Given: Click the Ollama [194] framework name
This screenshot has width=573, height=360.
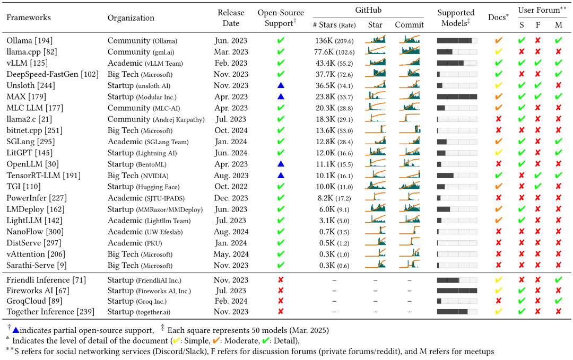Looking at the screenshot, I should (29, 40).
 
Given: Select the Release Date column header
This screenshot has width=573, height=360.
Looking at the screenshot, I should (231, 17).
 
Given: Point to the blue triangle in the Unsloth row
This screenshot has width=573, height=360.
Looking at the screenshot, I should (281, 85).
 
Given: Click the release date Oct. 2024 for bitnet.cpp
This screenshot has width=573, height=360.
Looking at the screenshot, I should (231, 130).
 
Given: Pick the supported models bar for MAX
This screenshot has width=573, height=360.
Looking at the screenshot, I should (457, 96).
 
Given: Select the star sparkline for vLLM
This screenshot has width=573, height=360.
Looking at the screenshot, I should (375, 63).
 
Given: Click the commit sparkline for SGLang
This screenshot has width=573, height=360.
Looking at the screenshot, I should (409, 142).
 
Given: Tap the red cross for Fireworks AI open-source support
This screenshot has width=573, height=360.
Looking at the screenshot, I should (281, 291).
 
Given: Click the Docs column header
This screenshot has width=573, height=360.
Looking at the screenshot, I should (498, 17).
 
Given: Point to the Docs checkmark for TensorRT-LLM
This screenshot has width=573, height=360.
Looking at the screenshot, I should (498, 175).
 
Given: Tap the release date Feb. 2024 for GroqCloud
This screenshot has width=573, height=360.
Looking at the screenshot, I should (231, 301).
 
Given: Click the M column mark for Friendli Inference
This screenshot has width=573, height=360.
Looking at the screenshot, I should (558, 280).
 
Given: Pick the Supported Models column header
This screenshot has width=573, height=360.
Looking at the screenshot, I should (456, 17).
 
